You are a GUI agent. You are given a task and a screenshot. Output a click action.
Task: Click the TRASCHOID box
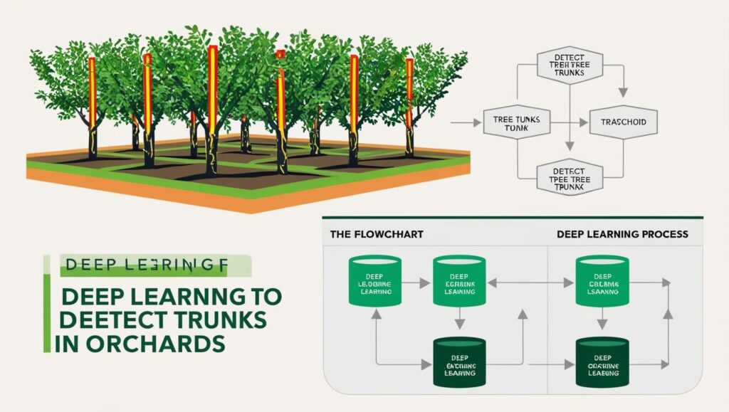(624, 122)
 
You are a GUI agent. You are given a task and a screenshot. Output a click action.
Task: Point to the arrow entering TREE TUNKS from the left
(466, 122)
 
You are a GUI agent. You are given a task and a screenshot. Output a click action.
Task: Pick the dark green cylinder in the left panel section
(459, 363)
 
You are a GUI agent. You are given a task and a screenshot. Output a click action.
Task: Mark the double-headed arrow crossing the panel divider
(530, 283)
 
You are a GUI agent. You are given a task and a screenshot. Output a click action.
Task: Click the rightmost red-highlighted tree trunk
(409, 93)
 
